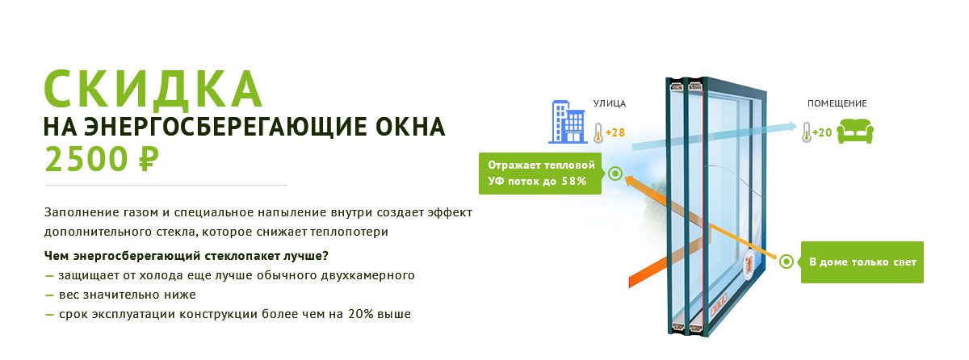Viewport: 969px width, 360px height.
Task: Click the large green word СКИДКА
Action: pos(153,89)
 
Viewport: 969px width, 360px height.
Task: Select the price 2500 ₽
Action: pos(102,160)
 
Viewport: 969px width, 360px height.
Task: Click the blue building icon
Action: pos(568,122)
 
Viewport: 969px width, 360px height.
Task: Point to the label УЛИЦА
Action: pos(609,103)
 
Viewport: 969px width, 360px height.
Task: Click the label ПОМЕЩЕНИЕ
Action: pos(837,103)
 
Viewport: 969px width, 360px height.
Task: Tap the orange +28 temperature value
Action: pos(615,132)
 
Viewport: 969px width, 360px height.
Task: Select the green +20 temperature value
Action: pos(822,132)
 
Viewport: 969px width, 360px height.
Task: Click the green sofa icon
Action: pos(855,132)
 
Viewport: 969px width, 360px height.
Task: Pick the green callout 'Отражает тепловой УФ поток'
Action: pos(541,174)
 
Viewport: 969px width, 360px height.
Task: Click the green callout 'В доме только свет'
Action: pos(862,262)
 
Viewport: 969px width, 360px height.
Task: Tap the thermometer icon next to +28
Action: pos(598,132)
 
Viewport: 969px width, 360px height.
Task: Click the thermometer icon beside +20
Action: pos(807,132)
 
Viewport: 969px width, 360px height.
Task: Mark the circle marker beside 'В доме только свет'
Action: pos(787,262)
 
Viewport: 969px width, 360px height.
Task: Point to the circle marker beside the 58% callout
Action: pos(615,174)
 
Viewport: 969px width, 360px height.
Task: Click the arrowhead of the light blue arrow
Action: pos(791,126)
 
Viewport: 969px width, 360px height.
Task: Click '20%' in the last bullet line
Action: pos(361,314)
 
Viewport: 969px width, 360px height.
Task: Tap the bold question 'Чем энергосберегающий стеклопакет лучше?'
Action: pos(187,256)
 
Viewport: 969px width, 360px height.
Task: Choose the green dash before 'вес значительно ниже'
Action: pos(49,295)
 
